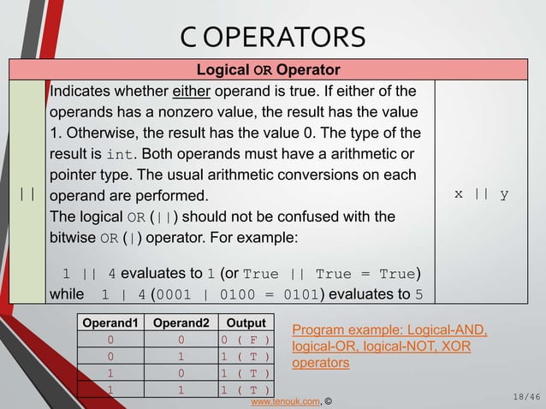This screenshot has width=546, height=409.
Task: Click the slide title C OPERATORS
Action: [x=273, y=38]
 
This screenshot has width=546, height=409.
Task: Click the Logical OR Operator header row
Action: [x=269, y=69]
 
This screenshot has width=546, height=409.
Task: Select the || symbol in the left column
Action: [x=27, y=194]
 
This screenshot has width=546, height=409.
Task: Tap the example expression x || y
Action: [x=481, y=194]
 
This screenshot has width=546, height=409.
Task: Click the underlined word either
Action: [x=193, y=92]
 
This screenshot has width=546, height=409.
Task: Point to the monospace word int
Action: [x=122, y=154]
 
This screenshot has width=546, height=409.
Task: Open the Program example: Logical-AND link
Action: [x=389, y=331]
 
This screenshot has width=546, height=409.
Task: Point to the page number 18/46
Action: [x=524, y=397]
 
